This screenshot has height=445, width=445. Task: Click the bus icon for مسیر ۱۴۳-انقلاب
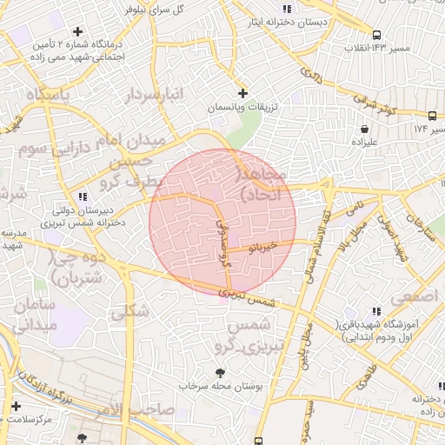(x=375, y=36)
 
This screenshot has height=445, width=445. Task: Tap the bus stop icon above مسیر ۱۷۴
(x=432, y=115)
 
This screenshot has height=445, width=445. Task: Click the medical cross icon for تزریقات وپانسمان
(x=242, y=92)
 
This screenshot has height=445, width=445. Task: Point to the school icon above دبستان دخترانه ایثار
(x=287, y=10)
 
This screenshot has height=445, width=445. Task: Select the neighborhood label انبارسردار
(x=156, y=96)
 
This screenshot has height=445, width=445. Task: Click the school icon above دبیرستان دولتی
(x=83, y=196)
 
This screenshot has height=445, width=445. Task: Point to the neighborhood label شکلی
(x=131, y=309)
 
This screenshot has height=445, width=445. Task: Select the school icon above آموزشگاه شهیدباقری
(x=375, y=310)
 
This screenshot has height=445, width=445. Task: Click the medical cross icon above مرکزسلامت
(x=16, y=406)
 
